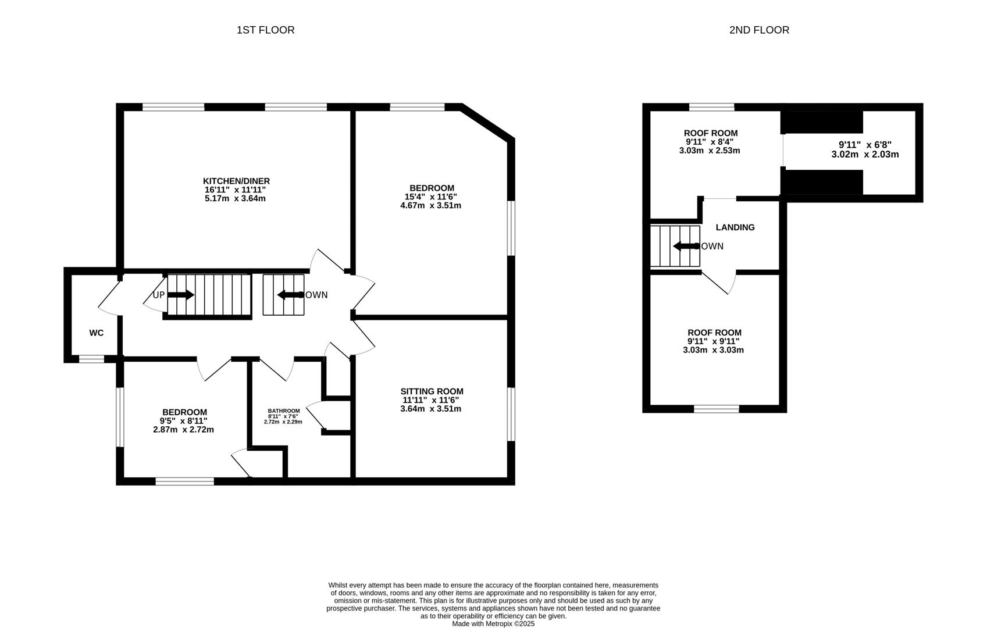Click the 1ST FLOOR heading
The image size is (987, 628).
[x=265, y=30]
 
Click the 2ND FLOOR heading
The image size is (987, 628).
[x=759, y=30]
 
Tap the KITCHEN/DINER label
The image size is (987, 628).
[x=236, y=181]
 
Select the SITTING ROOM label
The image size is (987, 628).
[x=432, y=391]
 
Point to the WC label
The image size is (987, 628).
[x=97, y=333]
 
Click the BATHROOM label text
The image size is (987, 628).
[x=283, y=411]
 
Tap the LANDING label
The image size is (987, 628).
[x=735, y=227]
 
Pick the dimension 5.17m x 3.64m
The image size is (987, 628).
[x=235, y=198]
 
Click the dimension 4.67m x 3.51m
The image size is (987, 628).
[x=431, y=205]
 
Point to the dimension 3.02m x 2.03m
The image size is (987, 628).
[x=865, y=155]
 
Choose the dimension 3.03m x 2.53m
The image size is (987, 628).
[x=710, y=151]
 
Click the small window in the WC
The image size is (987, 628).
[x=91, y=359]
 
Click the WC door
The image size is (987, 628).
[x=109, y=297]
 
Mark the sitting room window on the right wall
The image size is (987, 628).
[x=511, y=414]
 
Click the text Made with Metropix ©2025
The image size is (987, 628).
[x=493, y=623]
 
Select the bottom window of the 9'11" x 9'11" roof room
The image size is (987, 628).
[x=717, y=409]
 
